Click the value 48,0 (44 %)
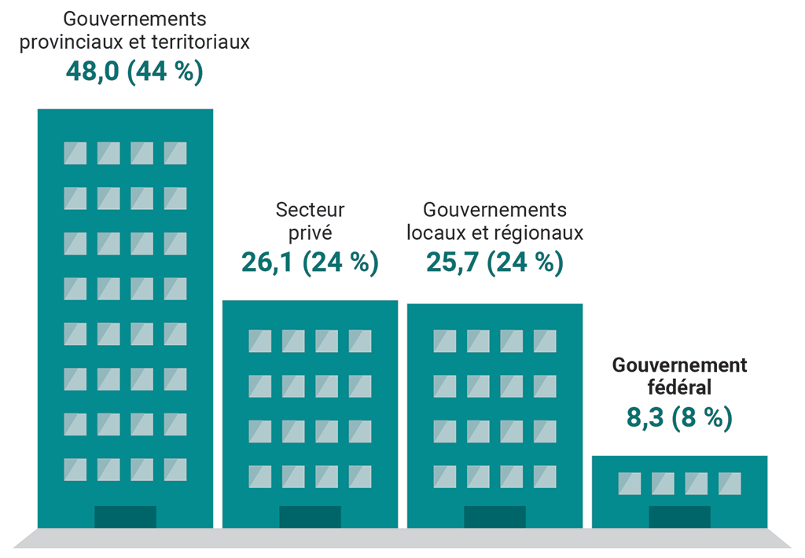click(x=134, y=72)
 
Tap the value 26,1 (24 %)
click(x=310, y=262)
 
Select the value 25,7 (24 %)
click(x=494, y=262)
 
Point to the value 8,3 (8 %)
click(x=679, y=417)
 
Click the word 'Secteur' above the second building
click(x=310, y=211)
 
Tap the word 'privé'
click(x=310, y=233)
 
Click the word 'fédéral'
click(x=679, y=387)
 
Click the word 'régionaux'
click(x=540, y=233)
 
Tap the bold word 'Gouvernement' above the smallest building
click(x=679, y=365)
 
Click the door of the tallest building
click(x=125, y=516)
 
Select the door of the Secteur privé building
click(x=310, y=516)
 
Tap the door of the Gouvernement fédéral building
click(x=679, y=516)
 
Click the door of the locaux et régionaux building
click(x=494, y=516)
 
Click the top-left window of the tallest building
click(x=75, y=153)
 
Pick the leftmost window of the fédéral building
click(x=630, y=483)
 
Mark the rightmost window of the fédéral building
click(x=730, y=483)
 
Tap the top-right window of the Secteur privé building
click(x=360, y=341)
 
